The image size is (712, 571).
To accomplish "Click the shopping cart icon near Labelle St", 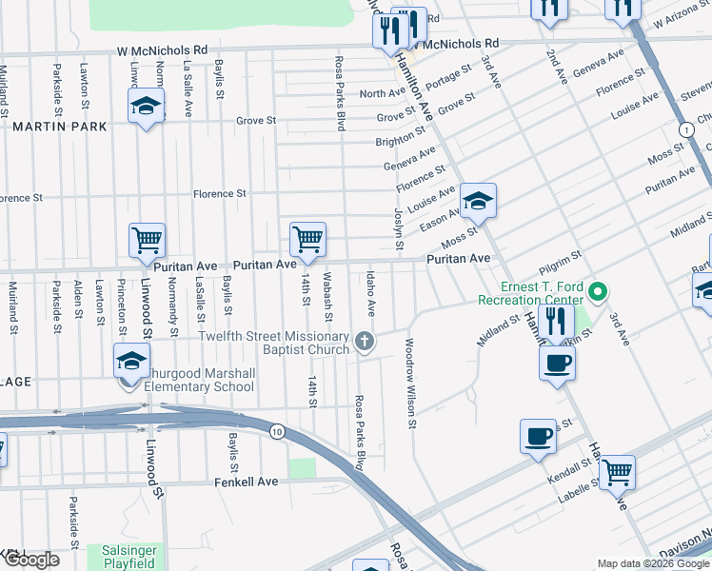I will pyautogui.click(x=618, y=470).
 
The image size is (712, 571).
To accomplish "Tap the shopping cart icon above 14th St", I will pyautogui.click(x=307, y=239).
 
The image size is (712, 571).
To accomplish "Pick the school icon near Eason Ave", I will pyautogui.click(x=479, y=200).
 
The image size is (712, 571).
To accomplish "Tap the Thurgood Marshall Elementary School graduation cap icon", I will pyautogui.click(x=131, y=361).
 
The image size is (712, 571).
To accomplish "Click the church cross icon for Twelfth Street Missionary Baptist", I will pyautogui.click(x=363, y=341).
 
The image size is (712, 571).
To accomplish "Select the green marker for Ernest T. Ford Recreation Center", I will pyautogui.click(x=598, y=291).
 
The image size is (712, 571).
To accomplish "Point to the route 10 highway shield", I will pyautogui.click(x=276, y=431).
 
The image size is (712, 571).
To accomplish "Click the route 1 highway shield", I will pyautogui.click(x=684, y=129).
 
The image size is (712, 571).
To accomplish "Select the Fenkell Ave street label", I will pyautogui.click(x=246, y=482).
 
